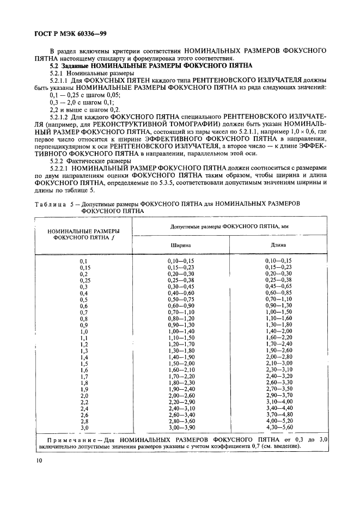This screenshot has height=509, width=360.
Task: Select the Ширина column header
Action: pos(181,245)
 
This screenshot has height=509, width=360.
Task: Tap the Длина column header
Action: pos(278,245)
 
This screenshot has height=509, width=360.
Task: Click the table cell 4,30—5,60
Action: pos(278,427)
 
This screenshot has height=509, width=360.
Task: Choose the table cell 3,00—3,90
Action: pos(181,427)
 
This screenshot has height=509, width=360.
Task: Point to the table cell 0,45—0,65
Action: pos(278,286)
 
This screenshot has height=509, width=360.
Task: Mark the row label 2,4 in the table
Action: pos(84,408)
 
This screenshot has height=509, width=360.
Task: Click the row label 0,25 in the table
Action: pos(84,280)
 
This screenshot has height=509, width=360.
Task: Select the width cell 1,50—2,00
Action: pos(181,363)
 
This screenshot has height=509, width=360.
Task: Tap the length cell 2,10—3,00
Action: pos(278,363)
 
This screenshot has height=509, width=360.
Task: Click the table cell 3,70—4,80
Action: pos(278,414)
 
